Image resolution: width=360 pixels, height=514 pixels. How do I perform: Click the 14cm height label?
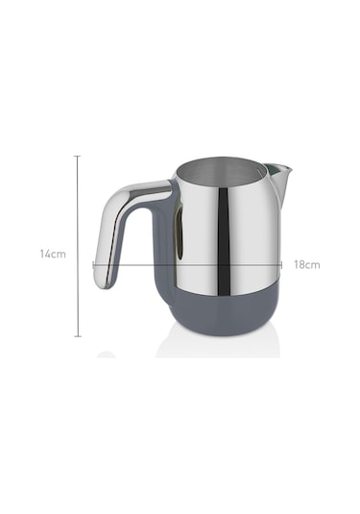(53, 254)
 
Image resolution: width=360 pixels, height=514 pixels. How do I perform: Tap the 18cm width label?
(306, 264)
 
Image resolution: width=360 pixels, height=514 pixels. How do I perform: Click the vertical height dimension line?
(78, 246)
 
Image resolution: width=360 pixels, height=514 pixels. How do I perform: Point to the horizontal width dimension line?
(187, 265)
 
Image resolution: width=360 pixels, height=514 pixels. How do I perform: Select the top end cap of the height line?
(78, 156)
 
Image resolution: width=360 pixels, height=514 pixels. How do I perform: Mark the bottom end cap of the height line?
(78, 336)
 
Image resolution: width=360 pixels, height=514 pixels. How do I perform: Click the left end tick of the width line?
(94, 265)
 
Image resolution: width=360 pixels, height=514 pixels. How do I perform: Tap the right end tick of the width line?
(281, 265)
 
